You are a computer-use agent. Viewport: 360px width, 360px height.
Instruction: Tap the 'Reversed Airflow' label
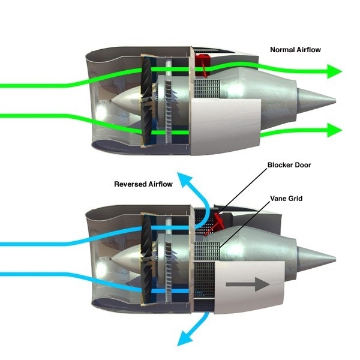[x=143, y=184]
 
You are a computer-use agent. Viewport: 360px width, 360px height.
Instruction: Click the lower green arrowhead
[x=333, y=129]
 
